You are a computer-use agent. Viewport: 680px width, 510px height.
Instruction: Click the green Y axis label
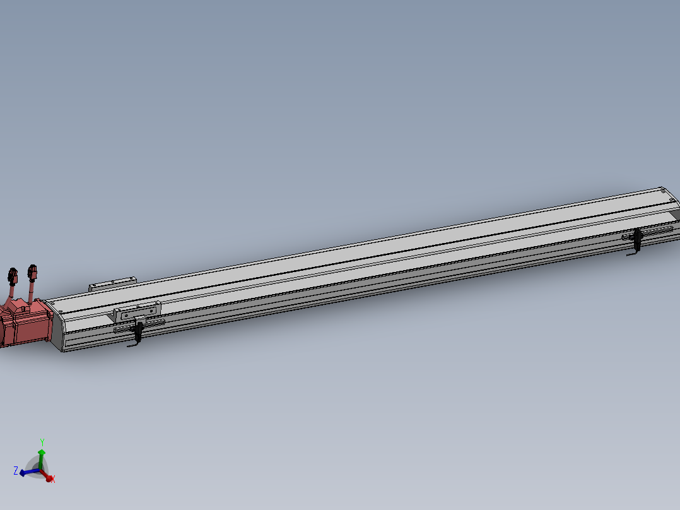tap(42, 442)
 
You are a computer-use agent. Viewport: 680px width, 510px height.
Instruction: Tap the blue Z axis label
tap(15, 470)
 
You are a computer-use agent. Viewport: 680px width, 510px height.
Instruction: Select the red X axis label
tap(53, 480)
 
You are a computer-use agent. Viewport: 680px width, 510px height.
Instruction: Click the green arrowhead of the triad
tap(42, 453)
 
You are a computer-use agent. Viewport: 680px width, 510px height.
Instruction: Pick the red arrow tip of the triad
tap(48, 477)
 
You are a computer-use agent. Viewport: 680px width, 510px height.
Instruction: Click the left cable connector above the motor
tap(12, 275)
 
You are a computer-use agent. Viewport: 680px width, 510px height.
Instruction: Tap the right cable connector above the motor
tap(32, 273)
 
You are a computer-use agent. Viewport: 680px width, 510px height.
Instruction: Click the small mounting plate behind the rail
tap(112, 283)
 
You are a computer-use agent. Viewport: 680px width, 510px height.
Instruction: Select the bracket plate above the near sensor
tap(137, 311)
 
